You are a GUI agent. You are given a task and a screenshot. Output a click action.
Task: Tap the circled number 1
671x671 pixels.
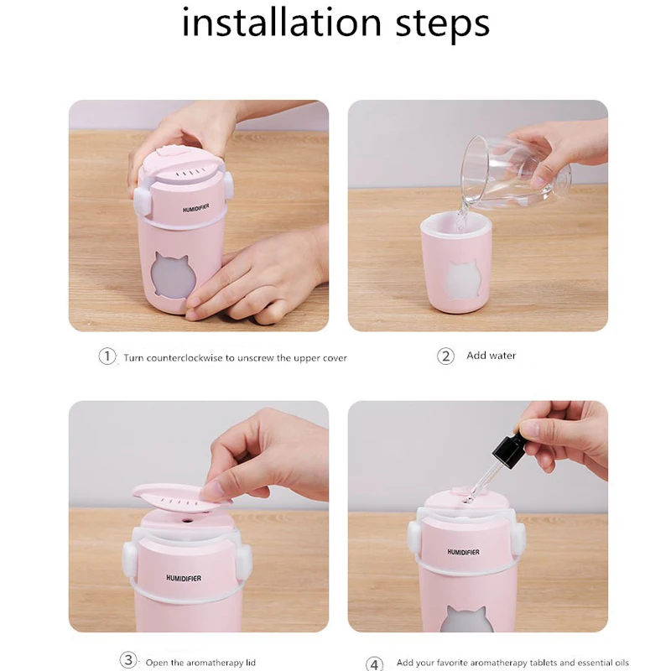click(x=107, y=356)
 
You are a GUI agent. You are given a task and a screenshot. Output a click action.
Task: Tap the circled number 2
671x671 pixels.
click(x=445, y=356)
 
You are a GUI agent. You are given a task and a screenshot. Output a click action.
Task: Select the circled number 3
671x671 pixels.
click(x=127, y=660)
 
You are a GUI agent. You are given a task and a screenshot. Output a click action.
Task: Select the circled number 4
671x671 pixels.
click(x=374, y=663)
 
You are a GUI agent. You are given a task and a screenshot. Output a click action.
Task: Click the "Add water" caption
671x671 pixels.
click(x=491, y=356)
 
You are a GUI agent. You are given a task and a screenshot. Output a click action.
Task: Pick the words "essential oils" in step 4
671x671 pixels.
click(x=599, y=663)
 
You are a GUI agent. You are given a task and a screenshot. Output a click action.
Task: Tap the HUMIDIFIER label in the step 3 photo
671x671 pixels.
click(x=184, y=578)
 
